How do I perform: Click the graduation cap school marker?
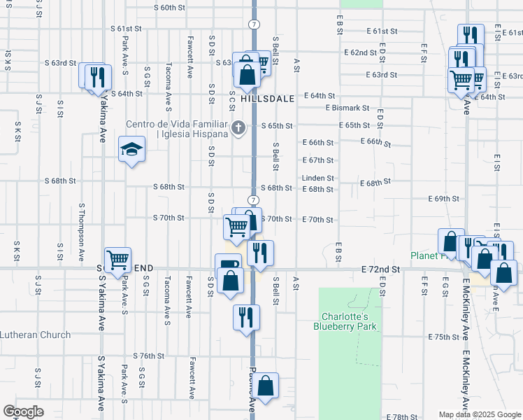(131, 150)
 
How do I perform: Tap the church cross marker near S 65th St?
(238, 127)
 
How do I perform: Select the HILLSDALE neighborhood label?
(268, 99)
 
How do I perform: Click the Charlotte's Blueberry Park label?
(345, 321)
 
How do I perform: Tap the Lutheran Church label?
(35, 335)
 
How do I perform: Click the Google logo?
(24, 412)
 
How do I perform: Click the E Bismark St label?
(348, 108)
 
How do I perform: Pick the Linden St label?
(318, 178)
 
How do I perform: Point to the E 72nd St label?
(381, 269)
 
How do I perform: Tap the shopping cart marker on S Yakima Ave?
(118, 259)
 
